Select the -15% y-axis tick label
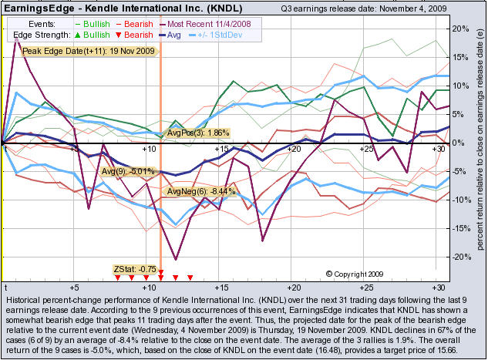460,229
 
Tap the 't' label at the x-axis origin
5,284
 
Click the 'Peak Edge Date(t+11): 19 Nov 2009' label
89,51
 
